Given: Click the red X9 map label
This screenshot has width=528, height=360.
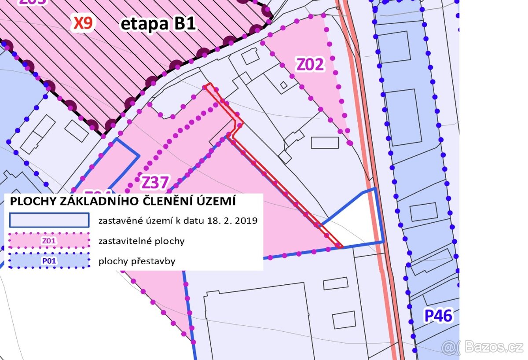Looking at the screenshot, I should [83, 23].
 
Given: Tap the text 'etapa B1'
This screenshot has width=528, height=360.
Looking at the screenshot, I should [158, 24].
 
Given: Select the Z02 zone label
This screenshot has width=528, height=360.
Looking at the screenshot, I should [310, 65].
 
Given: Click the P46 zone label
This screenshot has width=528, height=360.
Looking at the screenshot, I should [438, 316].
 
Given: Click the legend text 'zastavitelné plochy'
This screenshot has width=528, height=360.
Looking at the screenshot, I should [141, 241].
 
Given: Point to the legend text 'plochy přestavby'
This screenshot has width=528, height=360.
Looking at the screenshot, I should [137, 261].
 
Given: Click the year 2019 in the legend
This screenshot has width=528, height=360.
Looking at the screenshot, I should [247, 220].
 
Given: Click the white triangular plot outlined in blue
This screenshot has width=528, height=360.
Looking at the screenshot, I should [363, 220].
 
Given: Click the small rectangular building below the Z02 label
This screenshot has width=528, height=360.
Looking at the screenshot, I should [325, 143].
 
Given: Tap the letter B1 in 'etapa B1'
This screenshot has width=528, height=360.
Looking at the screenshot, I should [184, 24].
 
